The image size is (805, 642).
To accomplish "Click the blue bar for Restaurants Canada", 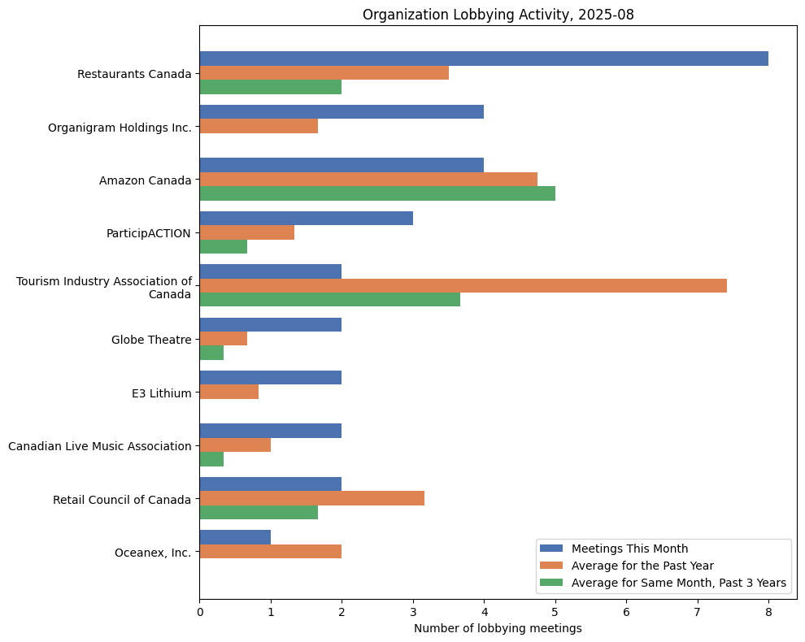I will coord(483,59).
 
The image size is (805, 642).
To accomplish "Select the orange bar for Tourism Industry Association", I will coord(463,285).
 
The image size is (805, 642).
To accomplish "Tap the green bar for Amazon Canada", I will coord(376,193).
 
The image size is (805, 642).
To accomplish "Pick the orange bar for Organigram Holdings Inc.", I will coord(259,126).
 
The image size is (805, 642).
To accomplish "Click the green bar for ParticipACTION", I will coord(223,246).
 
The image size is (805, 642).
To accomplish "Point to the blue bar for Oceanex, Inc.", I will coord(235,537).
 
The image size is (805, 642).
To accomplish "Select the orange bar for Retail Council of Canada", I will coord(311,498).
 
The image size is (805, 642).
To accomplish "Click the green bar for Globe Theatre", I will coord(211,353).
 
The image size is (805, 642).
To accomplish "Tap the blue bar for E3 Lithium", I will coord(270,378).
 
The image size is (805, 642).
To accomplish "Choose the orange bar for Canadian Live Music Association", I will coord(235,445).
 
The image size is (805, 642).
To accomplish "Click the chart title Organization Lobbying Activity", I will coord(497,15).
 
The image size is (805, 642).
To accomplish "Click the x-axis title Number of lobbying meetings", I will coord(498,628).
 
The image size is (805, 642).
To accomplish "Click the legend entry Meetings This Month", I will coord(629,548).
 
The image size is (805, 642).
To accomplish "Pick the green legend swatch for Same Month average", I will coord(552,583).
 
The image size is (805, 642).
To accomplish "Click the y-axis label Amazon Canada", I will coord(145,180).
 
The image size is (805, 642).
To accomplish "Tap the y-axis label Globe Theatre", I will coord(151,340).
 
